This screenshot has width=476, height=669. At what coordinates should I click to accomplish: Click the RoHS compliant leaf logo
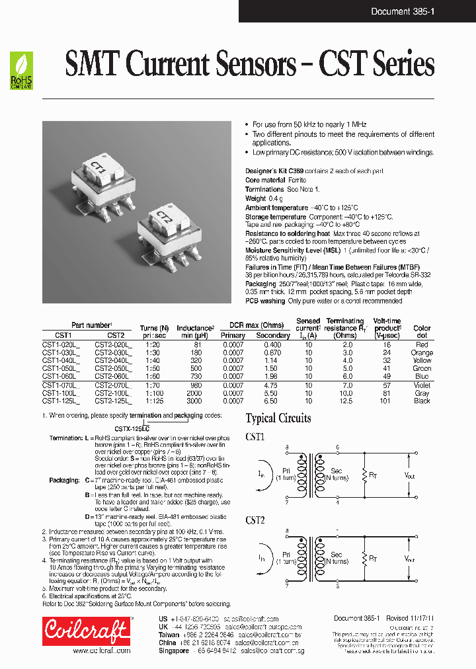pyautogui.click(x=21, y=71)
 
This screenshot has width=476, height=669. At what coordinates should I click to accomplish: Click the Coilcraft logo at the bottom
pyautogui.click(x=86, y=631)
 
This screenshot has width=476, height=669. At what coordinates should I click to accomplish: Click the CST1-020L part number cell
pyautogui.click(x=61, y=345)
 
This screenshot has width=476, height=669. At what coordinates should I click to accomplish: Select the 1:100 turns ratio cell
pyautogui.click(x=154, y=393)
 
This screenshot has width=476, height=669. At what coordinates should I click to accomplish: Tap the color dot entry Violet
pyautogui.click(x=422, y=385)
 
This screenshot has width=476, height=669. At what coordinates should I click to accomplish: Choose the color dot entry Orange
pyautogui.click(x=422, y=352)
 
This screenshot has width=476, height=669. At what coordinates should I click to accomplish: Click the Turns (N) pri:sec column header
pyautogui.click(x=154, y=331)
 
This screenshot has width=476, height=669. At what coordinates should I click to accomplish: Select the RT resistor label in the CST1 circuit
pyautogui.click(x=374, y=473)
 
